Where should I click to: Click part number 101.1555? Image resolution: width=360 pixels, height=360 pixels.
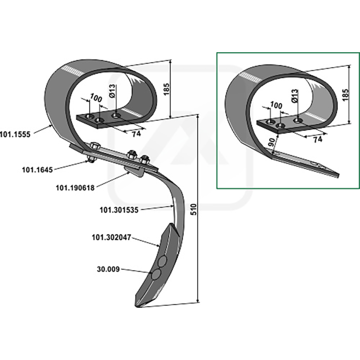click(x=15, y=134)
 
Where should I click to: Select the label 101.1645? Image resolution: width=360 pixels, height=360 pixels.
click(x=37, y=170)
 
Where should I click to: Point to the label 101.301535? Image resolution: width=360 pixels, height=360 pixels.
click(x=118, y=210)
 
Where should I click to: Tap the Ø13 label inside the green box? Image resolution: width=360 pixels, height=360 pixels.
click(x=295, y=97)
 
